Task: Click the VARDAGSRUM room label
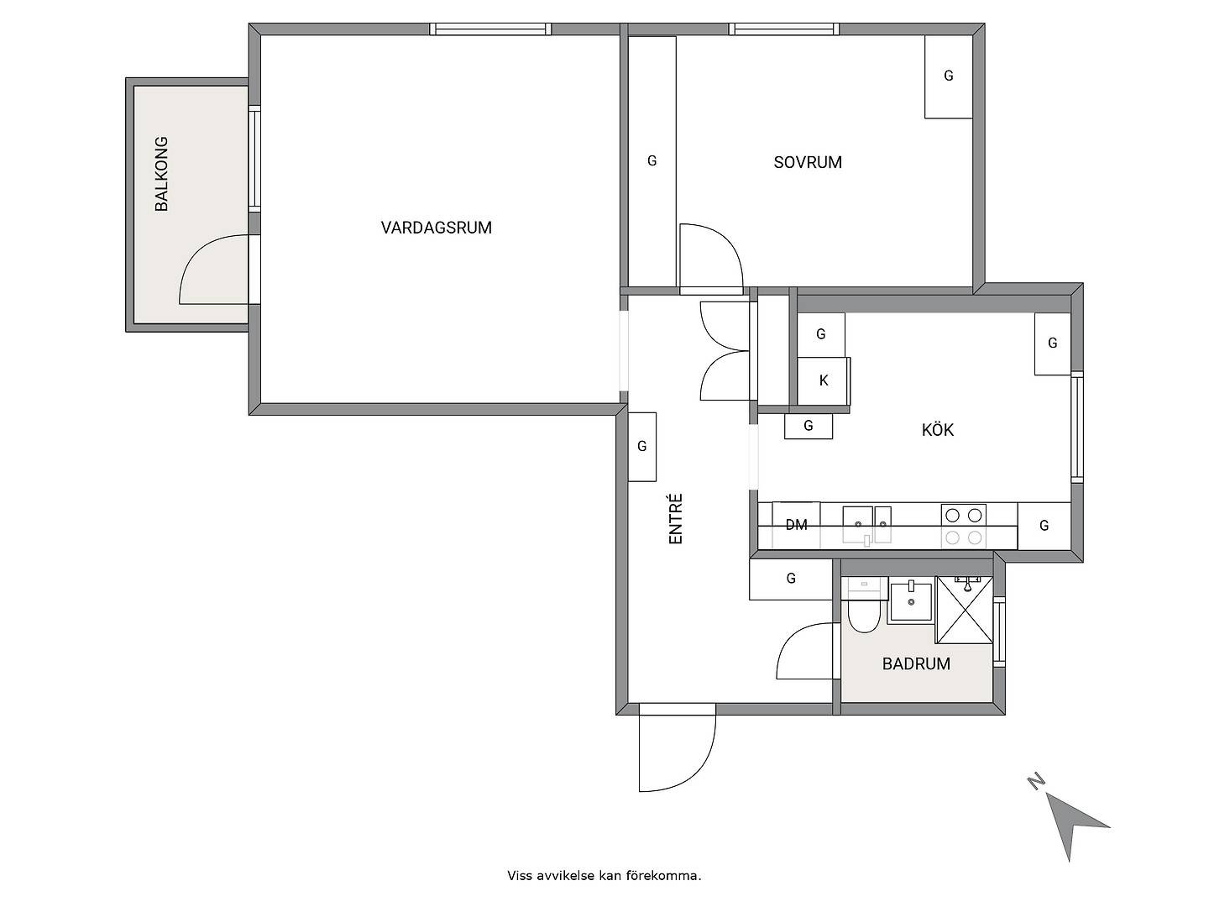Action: [x=436, y=228]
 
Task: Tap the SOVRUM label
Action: [x=808, y=162]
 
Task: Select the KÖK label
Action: [x=938, y=429]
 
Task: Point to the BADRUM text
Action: [x=916, y=663]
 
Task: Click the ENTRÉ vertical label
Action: [x=675, y=519]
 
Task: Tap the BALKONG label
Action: [x=161, y=174]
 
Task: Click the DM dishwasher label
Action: [x=796, y=525]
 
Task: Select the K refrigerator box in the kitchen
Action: [x=824, y=380]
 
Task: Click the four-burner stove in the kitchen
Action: [x=963, y=526]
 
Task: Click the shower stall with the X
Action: [x=965, y=610]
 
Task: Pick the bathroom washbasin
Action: [x=911, y=602]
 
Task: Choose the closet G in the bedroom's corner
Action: [x=948, y=76]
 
